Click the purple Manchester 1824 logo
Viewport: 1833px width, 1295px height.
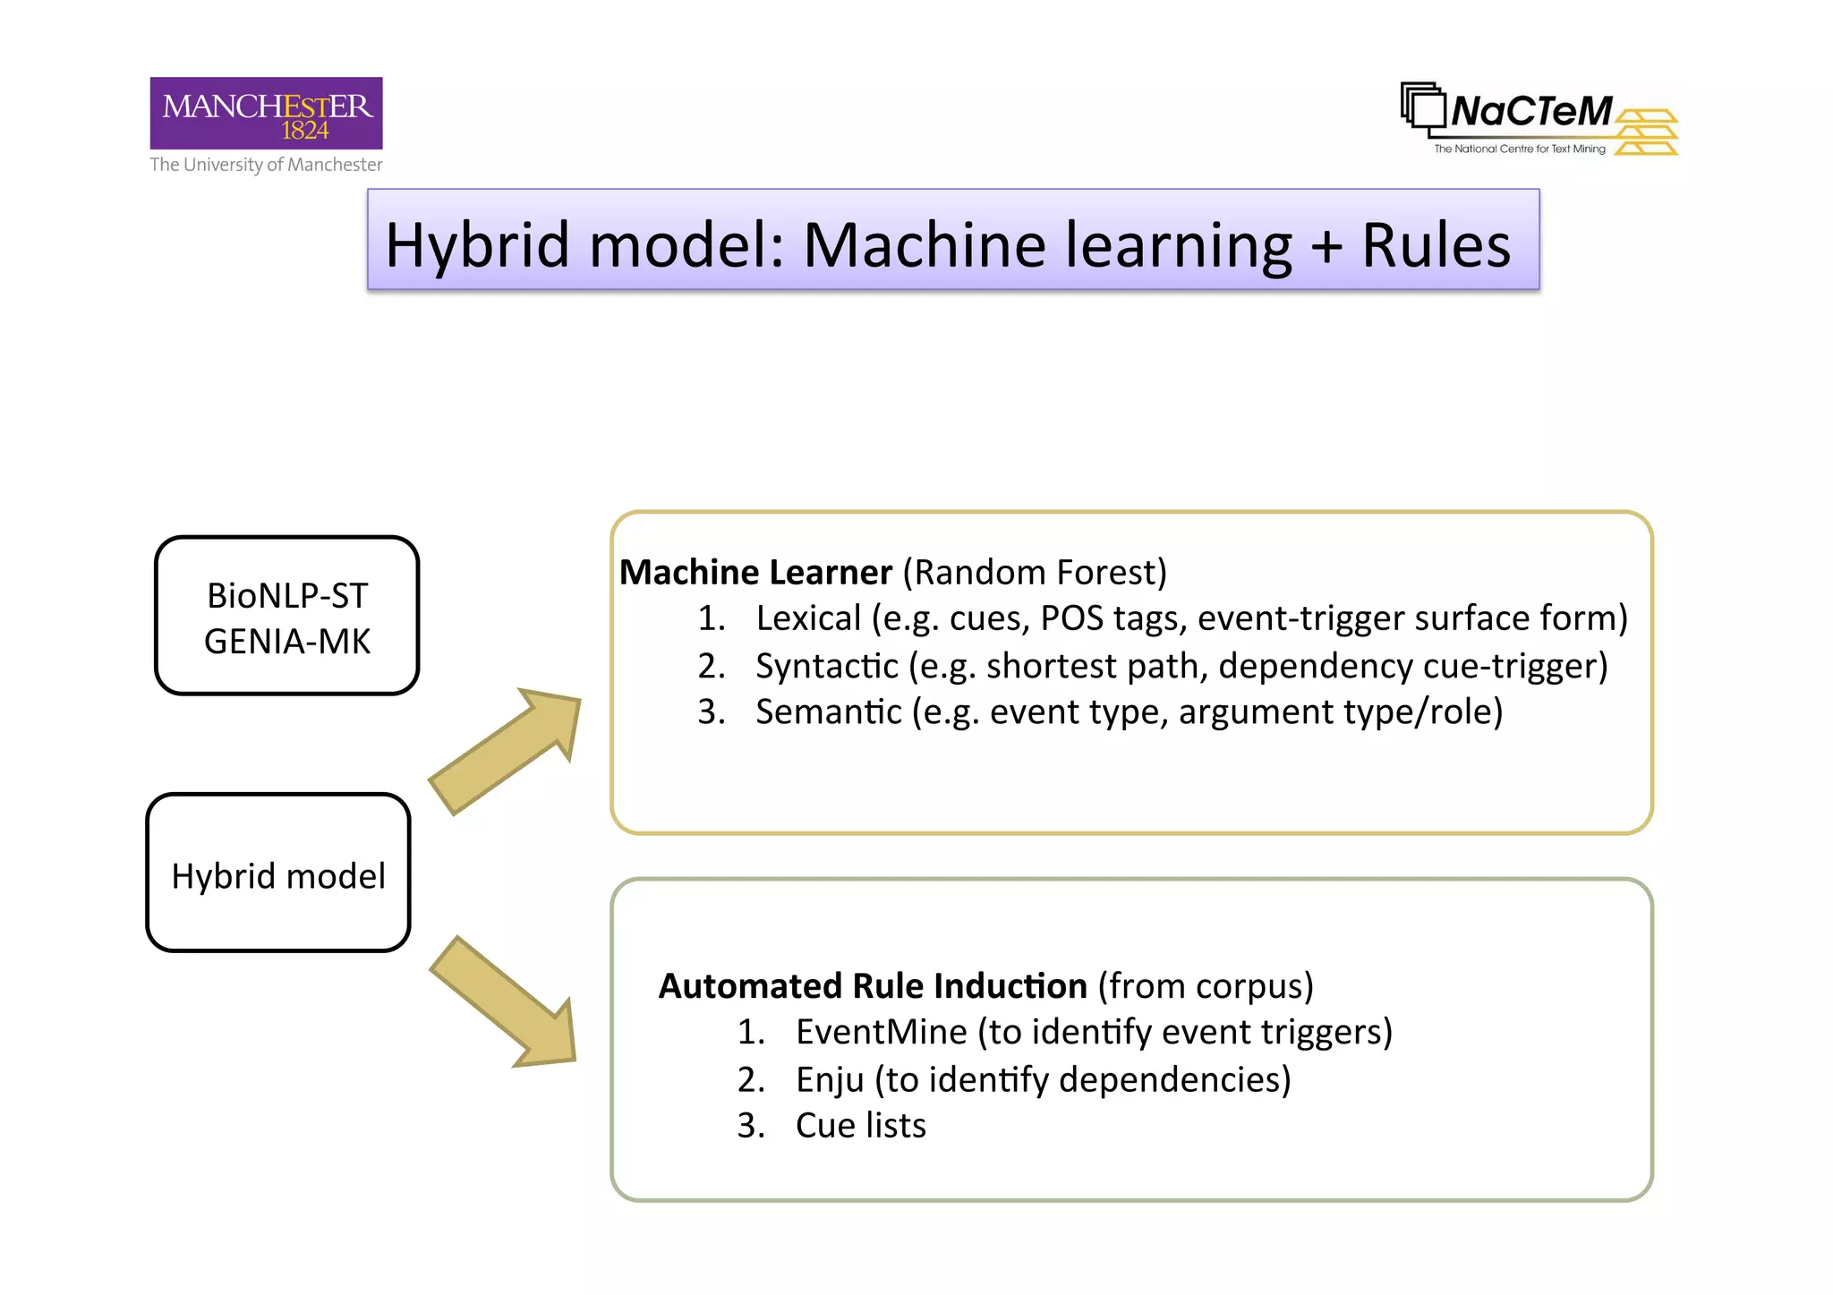click(x=266, y=113)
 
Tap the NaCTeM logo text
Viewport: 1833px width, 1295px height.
click(x=1530, y=112)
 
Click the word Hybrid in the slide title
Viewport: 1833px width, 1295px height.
click(x=477, y=245)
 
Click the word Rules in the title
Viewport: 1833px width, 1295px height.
click(x=1435, y=245)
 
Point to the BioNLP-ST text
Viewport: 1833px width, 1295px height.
click(x=287, y=596)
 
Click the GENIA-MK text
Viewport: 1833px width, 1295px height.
click(x=287, y=642)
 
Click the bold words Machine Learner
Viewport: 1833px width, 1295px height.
click(x=755, y=573)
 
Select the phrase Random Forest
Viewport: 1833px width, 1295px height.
click(x=1035, y=573)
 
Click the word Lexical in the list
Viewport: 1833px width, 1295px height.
click(x=808, y=618)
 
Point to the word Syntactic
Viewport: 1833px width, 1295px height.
click(x=826, y=666)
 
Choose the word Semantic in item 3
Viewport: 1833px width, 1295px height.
click(x=828, y=712)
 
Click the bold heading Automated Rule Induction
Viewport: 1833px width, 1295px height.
click(x=873, y=986)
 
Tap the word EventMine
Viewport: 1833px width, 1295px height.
click(x=881, y=1033)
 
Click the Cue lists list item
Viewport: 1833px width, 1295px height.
click(x=860, y=1126)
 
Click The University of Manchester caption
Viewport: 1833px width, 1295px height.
click(x=266, y=165)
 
